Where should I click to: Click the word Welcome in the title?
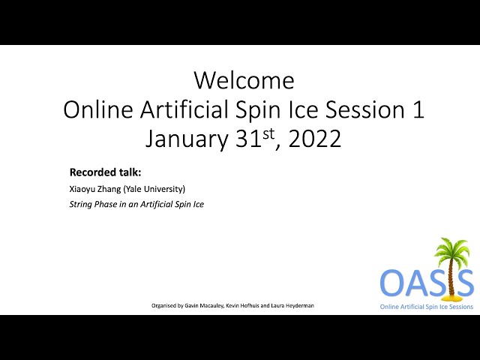point(244,80)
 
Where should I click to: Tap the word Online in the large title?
point(98,109)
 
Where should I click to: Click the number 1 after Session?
point(419,109)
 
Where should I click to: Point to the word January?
point(187,139)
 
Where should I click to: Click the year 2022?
point(315,139)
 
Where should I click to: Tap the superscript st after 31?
point(268,134)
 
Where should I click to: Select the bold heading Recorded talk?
point(105,172)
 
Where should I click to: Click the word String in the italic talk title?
point(81,205)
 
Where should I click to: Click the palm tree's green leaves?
point(452,249)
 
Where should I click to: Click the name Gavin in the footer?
point(192,305)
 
